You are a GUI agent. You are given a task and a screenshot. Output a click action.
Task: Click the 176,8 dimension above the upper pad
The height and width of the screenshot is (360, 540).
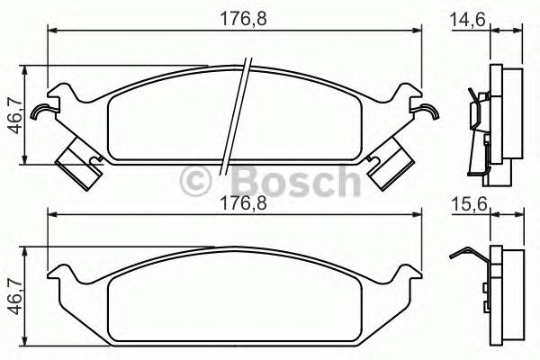[235, 16]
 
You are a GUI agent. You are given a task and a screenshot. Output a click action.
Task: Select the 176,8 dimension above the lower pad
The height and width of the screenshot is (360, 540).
[235, 203]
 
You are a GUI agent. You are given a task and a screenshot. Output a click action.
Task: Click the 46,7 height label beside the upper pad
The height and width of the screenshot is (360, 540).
[13, 115]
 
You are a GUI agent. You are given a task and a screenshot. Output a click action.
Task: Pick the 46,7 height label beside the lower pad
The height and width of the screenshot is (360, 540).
[13, 298]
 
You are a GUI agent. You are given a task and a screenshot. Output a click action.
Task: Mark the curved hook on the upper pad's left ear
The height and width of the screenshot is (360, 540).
[40, 112]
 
